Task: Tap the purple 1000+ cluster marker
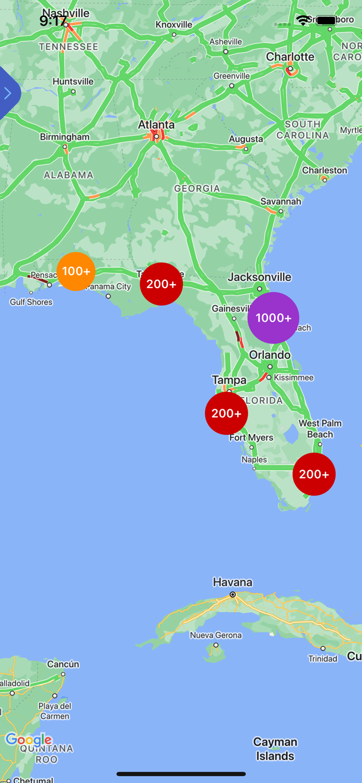(x=273, y=318)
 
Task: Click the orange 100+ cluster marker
(x=76, y=271)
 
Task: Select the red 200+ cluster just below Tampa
(x=226, y=413)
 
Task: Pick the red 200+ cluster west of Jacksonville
(x=161, y=284)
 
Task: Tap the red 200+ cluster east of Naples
(x=314, y=474)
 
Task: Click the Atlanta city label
(x=156, y=125)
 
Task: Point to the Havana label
(x=232, y=582)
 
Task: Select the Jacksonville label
(x=260, y=277)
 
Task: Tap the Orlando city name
(x=270, y=355)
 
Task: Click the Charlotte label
(x=290, y=57)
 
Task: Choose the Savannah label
(x=281, y=201)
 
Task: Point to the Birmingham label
(x=65, y=137)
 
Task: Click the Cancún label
(x=63, y=664)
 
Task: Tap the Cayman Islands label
(x=275, y=749)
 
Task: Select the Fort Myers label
(x=251, y=437)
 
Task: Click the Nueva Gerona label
(x=216, y=635)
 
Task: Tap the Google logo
(x=29, y=739)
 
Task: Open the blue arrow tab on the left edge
(x=8, y=93)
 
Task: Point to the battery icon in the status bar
(x=326, y=20)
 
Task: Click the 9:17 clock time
(x=53, y=21)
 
